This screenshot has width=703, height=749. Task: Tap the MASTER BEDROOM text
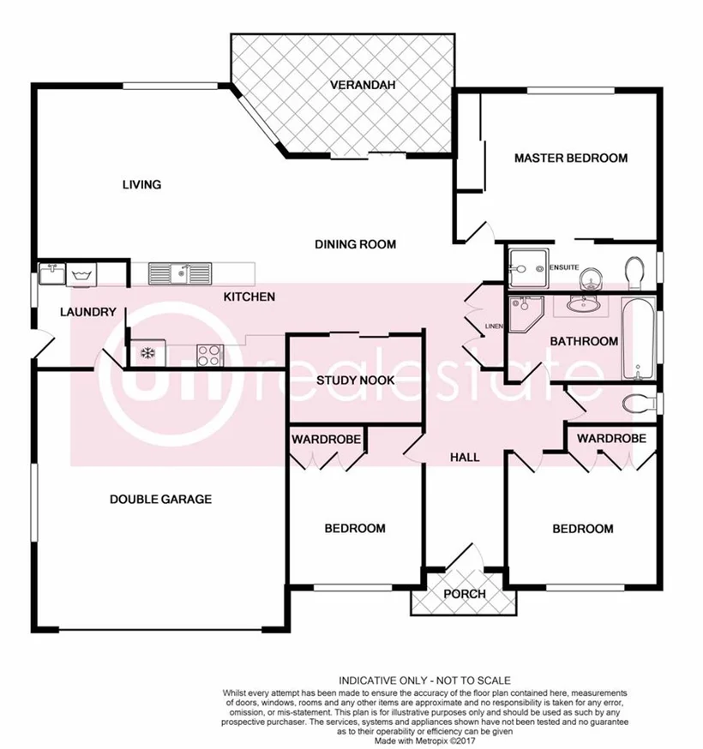point(570,158)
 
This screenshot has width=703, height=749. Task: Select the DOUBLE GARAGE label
point(160,499)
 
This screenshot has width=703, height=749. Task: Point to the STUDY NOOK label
point(355,380)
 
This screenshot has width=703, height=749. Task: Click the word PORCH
point(465,594)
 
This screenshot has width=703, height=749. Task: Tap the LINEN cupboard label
point(493,327)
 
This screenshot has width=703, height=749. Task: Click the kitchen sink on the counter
point(180,273)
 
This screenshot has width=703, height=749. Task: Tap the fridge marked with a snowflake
point(145,353)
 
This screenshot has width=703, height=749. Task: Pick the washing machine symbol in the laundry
point(83,275)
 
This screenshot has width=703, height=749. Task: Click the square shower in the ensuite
point(524,269)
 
